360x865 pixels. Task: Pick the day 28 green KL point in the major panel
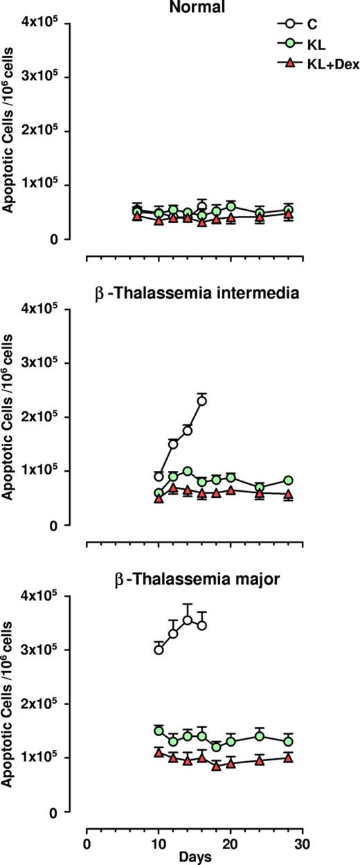click(x=288, y=742)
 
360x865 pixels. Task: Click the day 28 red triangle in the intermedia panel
click(x=288, y=494)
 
